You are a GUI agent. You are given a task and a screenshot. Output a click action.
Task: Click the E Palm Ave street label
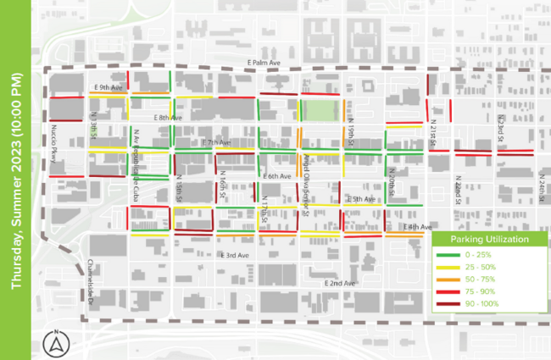click(x=263, y=62)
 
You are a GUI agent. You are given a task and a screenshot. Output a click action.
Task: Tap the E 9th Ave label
click(x=109, y=86)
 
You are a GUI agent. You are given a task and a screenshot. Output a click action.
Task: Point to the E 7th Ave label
click(x=216, y=143)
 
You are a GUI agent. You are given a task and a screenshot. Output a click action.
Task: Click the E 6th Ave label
click(x=276, y=175)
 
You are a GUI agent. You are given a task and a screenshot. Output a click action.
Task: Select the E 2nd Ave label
click(x=340, y=282)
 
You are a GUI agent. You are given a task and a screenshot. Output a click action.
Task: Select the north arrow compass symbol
click(x=57, y=343)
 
